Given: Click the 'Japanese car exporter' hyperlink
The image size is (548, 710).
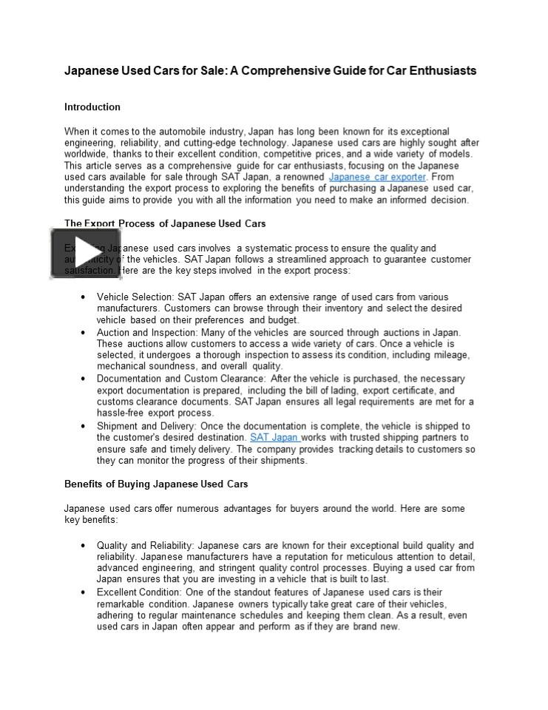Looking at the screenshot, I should (377, 177).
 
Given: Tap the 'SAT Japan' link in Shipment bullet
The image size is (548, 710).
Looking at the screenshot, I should (274, 438).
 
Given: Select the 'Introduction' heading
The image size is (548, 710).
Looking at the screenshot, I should (92, 107).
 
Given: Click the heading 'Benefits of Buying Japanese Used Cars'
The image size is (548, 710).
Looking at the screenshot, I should (156, 484).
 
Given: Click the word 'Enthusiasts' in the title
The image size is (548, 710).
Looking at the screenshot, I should (439, 71).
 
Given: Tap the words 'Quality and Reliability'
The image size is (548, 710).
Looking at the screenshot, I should (145, 546).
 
